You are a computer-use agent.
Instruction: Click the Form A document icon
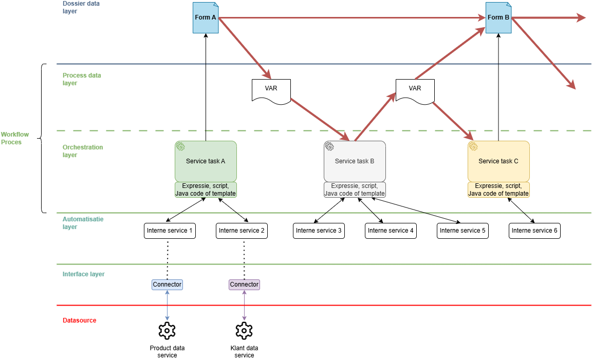pyautogui.click(x=206, y=18)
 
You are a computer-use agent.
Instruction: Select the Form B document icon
pyautogui.click(x=498, y=18)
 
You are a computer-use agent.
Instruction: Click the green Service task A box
pyautogui.click(x=206, y=161)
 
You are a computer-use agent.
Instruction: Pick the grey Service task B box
pyautogui.click(x=355, y=161)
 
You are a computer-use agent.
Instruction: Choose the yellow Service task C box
pyautogui.click(x=498, y=161)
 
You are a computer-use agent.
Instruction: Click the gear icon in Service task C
pyautogui.click(x=473, y=147)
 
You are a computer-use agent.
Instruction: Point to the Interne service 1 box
pyautogui.click(x=170, y=231)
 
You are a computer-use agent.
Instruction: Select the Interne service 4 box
pyautogui.click(x=391, y=231)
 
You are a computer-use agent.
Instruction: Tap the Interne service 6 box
pyautogui.click(x=534, y=231)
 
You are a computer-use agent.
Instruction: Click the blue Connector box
pyautogui.click(x=167, y=285)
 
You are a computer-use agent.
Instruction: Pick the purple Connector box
pyautogui.click(x=244, y=285)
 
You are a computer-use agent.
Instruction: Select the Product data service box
pyautogui.click(x=167, y=352)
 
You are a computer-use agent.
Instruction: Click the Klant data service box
pyautogui.click(x=244, y=352)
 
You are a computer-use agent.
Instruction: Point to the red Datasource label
pyautogui.click(x=79, y=320)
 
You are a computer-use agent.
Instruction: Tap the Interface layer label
pyautogui.click(x=83, y=274)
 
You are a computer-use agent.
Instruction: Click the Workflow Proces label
pyautogui.click(x=15, y=138)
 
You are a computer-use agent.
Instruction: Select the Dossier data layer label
pyautogui.click(x=81, y=7)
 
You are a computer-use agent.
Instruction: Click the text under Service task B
pyautogui.click(x=355, y=190)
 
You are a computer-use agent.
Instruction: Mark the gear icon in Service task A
pyautogui.click(x=180, y=147)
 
